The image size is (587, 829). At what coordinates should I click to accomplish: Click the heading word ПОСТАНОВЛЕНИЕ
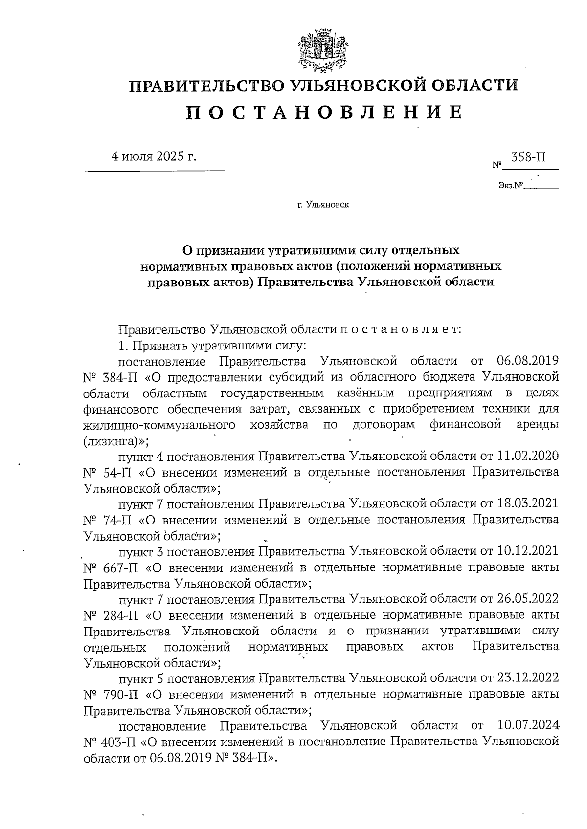click(x=323, y=113)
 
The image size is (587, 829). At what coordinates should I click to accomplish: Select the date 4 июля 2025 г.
click(x=155, y=156)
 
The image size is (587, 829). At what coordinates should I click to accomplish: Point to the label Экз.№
click(x=511, y=185)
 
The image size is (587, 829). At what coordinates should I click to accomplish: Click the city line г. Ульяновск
click(x=323, y=205)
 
